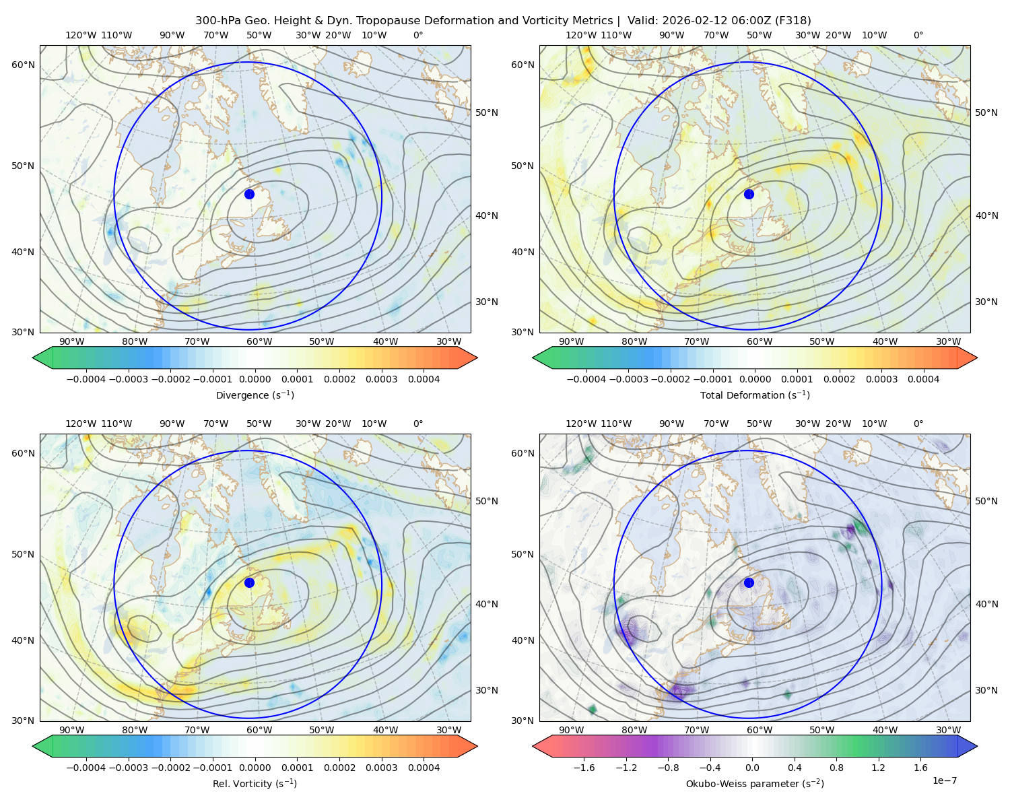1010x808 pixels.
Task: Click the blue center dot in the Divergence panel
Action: (x=249, y=194)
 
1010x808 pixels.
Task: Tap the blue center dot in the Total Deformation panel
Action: (x=749, y=194)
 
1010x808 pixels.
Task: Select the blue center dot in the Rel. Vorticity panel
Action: (x=249, y=582)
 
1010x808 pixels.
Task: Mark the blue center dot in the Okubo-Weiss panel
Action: (x=749, y=582)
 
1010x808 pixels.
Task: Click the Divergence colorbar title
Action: (x=255, y=395)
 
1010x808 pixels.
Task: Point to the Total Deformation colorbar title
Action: (x=755, y=395)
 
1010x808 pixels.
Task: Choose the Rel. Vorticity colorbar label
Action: (x=255, y=783)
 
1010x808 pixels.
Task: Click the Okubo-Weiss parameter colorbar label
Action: (x=755, y=783)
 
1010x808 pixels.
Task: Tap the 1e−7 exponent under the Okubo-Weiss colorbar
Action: (x=944, y=780)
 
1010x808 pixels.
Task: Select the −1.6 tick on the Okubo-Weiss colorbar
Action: (x=584, y=767)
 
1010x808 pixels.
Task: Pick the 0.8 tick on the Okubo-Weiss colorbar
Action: (x=836, y=767)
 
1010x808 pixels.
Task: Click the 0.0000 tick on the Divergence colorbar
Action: (x=255, y=379)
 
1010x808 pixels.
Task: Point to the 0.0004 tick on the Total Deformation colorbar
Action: (x=923, y=379)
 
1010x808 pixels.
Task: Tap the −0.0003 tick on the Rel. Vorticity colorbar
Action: (x=128, y=767)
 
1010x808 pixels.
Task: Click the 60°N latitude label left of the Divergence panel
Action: (x=23, y=65)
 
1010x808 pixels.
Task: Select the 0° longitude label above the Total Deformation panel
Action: (x=918, y=35)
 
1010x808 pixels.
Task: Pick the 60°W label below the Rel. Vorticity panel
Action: (x=259, y=730)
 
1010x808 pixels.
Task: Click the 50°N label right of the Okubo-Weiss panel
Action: (x=986, y=501)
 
